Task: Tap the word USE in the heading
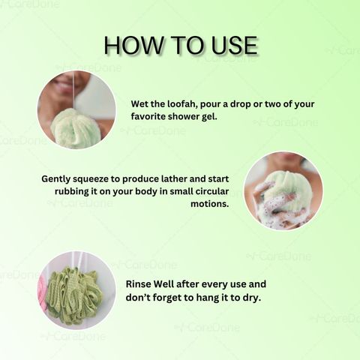(234, 45)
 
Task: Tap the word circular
(212, 191)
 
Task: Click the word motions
(210, 204)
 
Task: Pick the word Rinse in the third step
(138, 284)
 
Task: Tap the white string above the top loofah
(73, 91)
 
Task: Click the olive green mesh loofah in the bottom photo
(74, 295)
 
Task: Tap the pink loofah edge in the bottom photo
(43, 290)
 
